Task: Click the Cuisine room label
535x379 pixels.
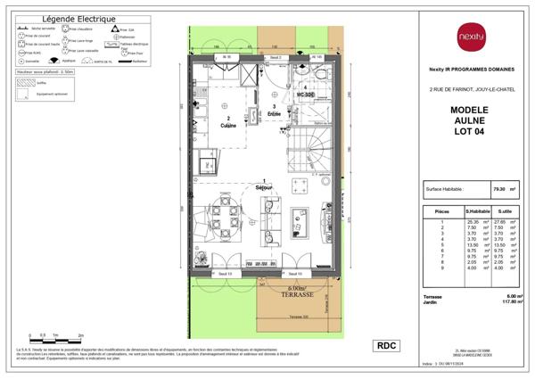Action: [x=228, y=124]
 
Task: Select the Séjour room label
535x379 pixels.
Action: [x=264, y=188]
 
